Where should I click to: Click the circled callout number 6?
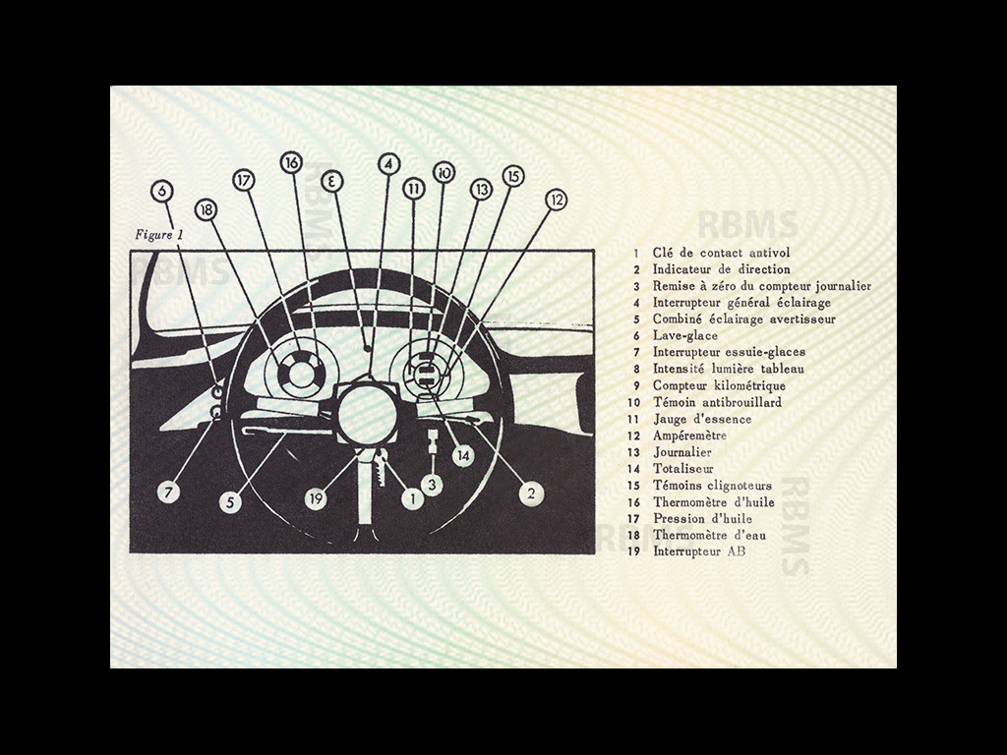[x=162, y=191]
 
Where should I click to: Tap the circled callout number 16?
[x=291, y=162]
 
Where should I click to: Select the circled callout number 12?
[x=557, y=200]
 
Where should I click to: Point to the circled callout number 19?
[x=316, y=498]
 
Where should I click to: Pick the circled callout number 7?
[x=168, y=493]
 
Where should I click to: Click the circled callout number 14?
[x=463, y=456]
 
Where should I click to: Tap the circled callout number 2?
[x=531, y=494]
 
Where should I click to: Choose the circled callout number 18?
[x=206, y=209]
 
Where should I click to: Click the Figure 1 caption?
[x=159, y=234]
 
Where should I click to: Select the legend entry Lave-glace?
[x=685, y=335]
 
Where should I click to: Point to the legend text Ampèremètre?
[x=689, y=436]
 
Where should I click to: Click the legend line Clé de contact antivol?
[x=721, y=253]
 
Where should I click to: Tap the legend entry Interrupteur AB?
[x=699, y=551]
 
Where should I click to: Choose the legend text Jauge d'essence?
[x=702, y=419]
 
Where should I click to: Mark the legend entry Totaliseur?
[x=683, y=469]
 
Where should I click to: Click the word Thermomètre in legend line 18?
[x=689, y=535]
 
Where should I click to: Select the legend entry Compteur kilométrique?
[x=719, y=385]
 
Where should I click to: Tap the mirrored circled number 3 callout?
[x=332, y=181]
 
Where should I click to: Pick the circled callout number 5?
[x=230, y=502]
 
